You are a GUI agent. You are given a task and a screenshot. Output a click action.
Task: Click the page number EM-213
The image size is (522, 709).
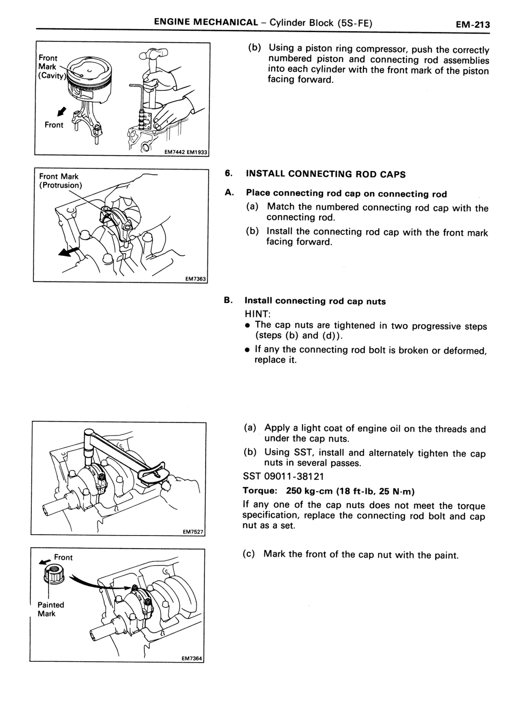coord(472,24)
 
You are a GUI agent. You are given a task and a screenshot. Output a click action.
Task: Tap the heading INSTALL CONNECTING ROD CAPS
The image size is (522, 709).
coord(326,174)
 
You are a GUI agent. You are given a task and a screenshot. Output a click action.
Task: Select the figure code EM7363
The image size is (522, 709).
coord(195,279)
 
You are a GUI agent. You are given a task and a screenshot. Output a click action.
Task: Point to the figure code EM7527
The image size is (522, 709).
coord(193,532)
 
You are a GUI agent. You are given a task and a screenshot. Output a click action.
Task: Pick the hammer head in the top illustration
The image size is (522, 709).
coord(153,54)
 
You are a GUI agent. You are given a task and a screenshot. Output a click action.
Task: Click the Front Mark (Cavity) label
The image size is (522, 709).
coord(51,67)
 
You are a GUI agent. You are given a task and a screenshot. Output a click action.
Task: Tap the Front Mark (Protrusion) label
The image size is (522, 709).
coord(60,181)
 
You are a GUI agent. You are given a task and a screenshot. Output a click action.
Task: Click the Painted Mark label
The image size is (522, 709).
coord(51,609)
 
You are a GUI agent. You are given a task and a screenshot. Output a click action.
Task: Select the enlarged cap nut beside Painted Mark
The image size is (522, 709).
coord(54,576)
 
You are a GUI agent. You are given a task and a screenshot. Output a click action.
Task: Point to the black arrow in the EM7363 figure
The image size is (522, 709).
coord(68,252)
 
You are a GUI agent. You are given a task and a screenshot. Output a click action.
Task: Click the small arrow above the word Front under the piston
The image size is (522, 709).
coord(62,112)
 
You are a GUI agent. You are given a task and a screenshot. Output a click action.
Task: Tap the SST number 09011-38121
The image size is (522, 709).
coord(283,476)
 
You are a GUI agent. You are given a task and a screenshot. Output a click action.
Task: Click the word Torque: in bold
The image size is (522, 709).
coord(260,491)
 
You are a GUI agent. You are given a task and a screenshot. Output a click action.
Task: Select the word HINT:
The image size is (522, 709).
coord(258,314)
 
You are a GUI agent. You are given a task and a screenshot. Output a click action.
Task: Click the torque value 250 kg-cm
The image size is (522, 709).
coord(309,491)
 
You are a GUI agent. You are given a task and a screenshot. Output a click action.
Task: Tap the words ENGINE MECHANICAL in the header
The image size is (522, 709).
coord(206,22)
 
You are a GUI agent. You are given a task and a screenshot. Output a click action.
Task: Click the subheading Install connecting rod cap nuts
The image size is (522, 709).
coord(315,301)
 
